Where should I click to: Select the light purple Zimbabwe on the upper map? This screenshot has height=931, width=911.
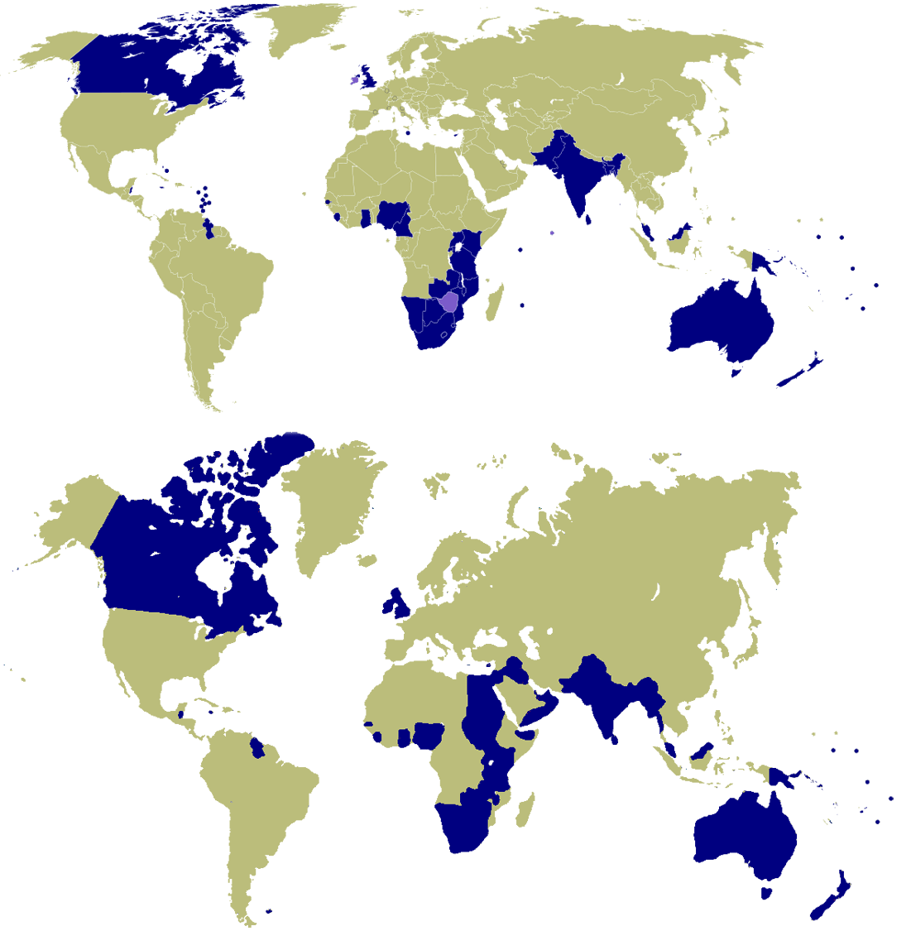(449, 301)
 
